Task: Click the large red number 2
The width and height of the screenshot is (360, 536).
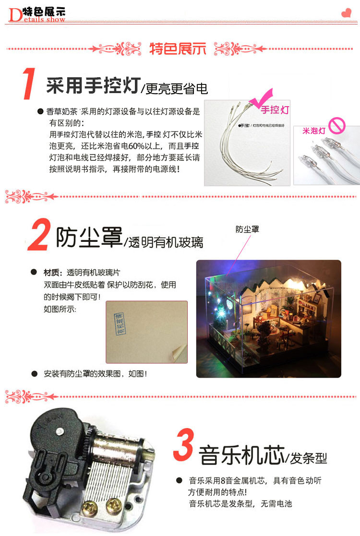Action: [39, 235]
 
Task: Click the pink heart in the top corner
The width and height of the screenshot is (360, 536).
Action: [346, 13]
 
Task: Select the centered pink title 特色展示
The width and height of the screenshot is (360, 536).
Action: [178, 49]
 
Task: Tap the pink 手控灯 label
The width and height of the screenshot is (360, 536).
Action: [276, 110]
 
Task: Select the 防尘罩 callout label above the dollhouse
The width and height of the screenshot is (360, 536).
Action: [247, 229]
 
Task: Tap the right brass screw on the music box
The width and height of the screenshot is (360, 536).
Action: [114, 503]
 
